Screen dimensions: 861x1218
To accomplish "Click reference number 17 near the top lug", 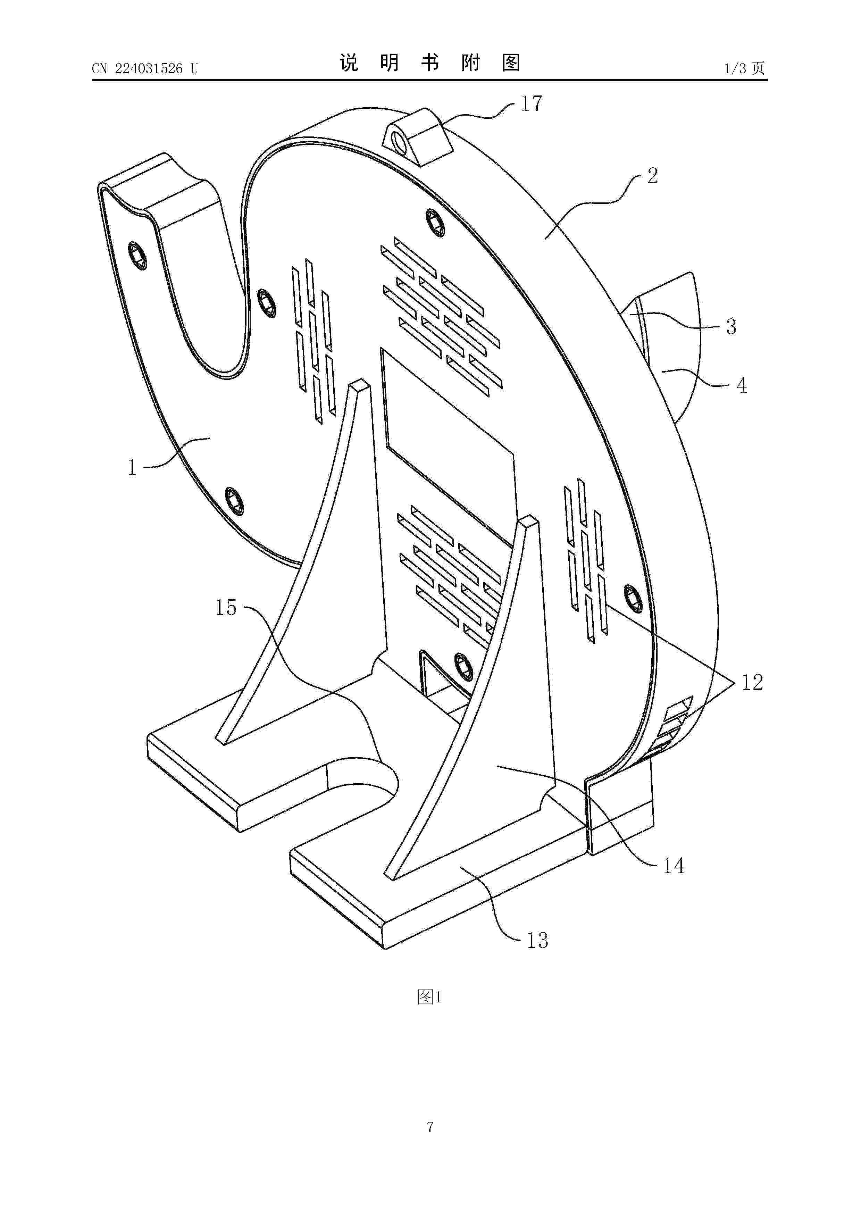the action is click(532, 104).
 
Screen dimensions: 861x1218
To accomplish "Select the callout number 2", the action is click(652, 176).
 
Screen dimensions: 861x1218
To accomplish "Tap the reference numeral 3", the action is click(731, 327).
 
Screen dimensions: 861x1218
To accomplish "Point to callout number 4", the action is click(742, 385).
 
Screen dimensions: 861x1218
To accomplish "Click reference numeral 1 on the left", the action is click(132, 467).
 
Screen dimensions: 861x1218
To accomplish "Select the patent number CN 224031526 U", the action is click(145, 68).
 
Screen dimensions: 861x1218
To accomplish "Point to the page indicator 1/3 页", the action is click(745, 68).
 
